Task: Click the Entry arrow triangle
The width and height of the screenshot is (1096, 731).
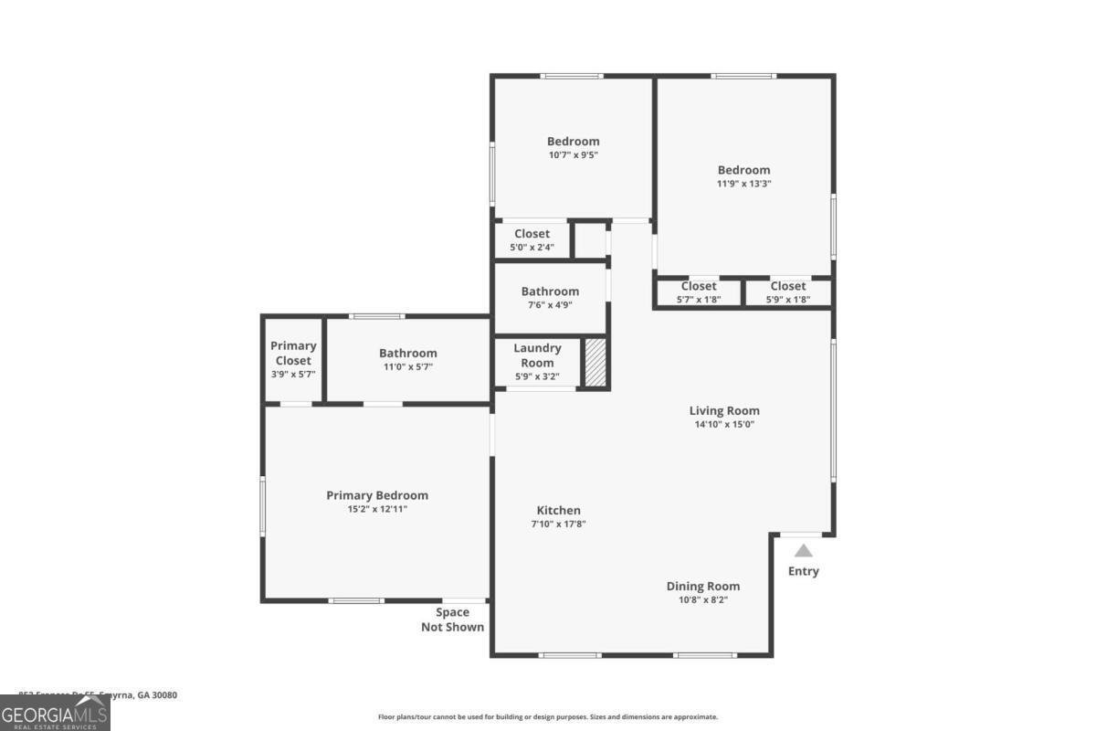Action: (x=803, y=550)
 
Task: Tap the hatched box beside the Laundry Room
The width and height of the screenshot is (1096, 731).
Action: (x=595, y=363)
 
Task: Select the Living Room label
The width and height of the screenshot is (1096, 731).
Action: (x=723, y=410)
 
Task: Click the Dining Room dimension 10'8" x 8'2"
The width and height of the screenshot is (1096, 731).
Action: (x=702, y=600)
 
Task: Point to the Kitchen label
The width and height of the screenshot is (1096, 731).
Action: (x=558, y=510)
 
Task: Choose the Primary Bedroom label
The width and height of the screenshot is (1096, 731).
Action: (x=377, y=495)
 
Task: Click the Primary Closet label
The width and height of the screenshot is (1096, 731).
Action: (x=293, y=353)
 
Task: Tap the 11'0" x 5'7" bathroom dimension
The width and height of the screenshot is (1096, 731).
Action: (x=407, y=366)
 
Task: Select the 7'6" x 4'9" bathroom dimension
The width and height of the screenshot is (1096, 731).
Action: (x=550, y=305)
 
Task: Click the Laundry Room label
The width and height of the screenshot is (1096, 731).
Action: (x=537, y=355)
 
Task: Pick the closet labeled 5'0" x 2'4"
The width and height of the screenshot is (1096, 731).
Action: (x=532, y=240)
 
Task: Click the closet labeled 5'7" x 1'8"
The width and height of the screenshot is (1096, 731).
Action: (x=699, y=292)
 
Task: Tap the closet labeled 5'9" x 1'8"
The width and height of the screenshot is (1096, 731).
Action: (x=787, y=292)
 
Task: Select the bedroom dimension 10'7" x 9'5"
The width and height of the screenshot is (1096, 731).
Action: (x=573, y=154)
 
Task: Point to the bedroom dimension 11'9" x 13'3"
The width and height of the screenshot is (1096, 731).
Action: (x=743, y=184)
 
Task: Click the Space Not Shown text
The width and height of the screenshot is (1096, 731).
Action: (x=452, y=620)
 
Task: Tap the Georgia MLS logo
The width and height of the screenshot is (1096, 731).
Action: (x=55, y=713)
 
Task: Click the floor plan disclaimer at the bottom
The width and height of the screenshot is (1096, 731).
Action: (x=548, y=717)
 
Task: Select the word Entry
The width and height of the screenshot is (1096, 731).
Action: (x=804, y=571)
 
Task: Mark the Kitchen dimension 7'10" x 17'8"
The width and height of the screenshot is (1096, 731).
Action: (x=558, y=524)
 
